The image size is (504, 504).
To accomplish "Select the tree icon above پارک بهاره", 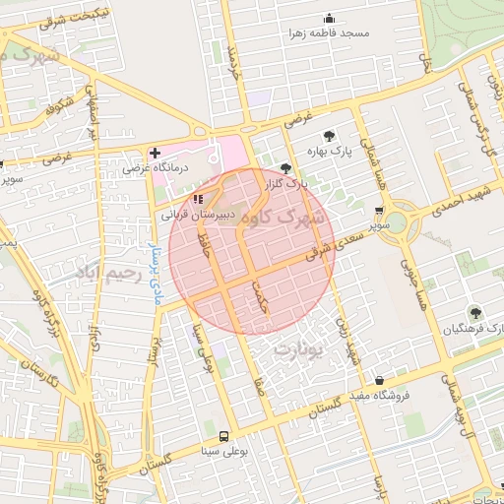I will pos(328,136).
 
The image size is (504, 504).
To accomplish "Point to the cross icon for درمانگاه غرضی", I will pos(154,153).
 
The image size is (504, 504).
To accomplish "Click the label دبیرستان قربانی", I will pos(198,213).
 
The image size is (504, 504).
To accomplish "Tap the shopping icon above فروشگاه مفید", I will pos(379,381).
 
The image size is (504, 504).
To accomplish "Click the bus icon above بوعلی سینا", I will pos(223,436).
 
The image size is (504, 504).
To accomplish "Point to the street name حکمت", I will pos(260,292).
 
